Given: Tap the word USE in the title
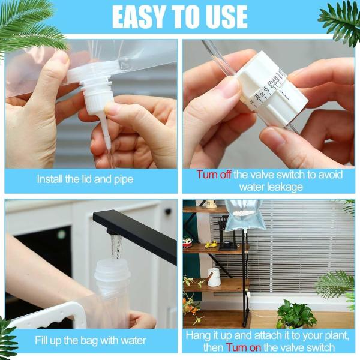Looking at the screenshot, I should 222,17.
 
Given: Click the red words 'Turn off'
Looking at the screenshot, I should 214,175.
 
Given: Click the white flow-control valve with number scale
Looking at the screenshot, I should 273,90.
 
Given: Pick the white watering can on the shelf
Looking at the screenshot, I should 214,277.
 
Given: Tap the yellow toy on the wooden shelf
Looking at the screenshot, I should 211,244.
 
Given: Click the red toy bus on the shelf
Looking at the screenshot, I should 188,243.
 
